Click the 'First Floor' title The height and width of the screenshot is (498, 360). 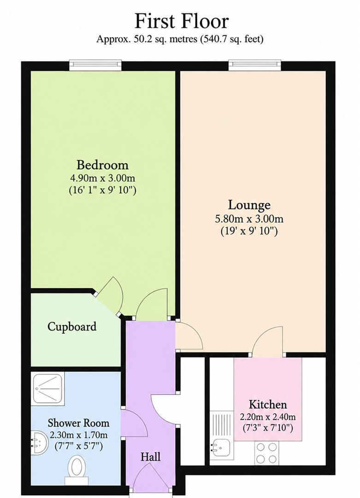tap(182, 22)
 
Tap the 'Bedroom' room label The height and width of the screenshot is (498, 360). tap(102, 165)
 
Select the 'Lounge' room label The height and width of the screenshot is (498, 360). tap(249, 205)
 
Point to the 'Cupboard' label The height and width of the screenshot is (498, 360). tap(72, 327)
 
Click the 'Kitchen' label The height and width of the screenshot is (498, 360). tap(268, 404)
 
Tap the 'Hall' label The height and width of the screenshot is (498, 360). tap(150, 457)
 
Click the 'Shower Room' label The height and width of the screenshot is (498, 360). tap(78, 423)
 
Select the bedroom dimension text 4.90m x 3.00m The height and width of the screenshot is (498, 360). tap(102, 178)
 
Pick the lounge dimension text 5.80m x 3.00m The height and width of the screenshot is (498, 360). tap(249, 219)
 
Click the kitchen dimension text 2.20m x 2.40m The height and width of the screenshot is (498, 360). tap(268, 417)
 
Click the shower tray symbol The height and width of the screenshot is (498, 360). tap(48, 389)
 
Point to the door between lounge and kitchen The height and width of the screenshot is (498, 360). tap(267, 341)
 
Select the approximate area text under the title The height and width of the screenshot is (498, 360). tap(180, 39)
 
